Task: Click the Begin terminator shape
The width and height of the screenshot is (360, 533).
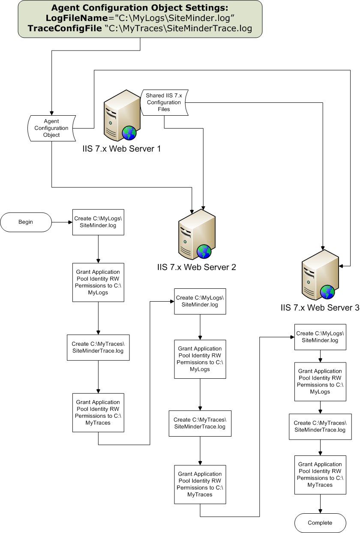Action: pos(26,222)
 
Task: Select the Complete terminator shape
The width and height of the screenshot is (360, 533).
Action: pos(320,523)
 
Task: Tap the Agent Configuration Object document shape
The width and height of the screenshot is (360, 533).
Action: pos(51,128)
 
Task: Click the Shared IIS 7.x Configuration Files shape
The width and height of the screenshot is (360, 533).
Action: pos(164,102)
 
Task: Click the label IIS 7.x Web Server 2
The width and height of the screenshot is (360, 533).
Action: pos(197,267)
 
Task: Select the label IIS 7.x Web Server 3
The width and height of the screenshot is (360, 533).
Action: pos(320,308)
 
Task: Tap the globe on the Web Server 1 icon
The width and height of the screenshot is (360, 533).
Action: pos(129,133)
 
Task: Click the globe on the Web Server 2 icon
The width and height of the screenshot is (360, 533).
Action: pos(204,252)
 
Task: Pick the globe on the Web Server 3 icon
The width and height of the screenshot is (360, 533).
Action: pos(327,292)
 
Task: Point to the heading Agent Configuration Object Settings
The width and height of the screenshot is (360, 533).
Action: pos(140,8)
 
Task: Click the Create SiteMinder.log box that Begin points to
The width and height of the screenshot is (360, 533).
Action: pos(98,222)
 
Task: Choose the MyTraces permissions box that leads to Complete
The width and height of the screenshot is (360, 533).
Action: pos(320,475)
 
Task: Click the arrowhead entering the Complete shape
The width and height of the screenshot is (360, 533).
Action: pos(320,511)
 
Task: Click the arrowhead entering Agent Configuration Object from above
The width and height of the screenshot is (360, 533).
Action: pos(51,112)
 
